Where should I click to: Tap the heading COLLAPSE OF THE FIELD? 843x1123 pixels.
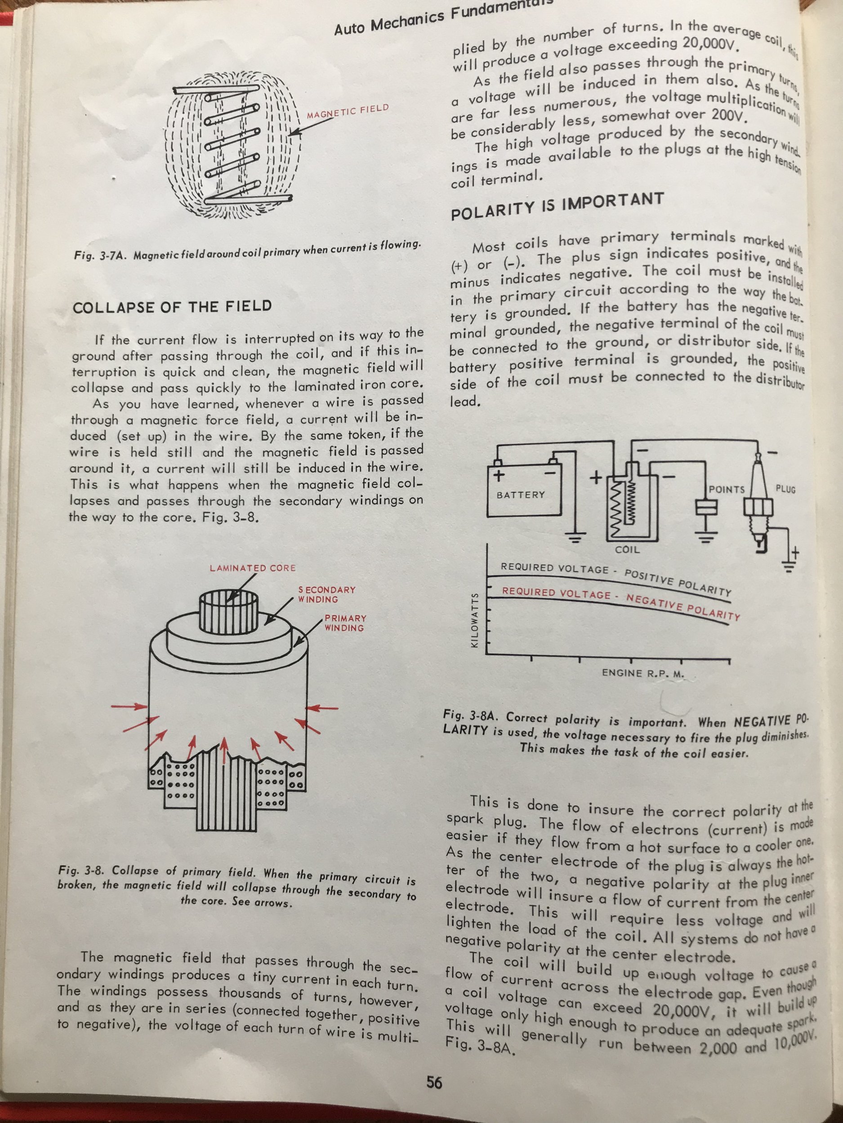(172, 307)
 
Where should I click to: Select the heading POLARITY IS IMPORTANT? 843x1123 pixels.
(557, 206)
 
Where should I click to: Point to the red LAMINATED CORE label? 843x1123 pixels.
(253, 568)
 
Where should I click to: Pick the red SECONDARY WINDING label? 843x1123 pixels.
(326, 594)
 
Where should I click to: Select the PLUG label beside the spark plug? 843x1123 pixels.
(785, 490)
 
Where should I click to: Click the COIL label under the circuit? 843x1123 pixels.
(627, 549)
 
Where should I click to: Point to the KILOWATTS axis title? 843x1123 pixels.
(475, 619)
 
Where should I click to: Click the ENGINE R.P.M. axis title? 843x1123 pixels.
(643, 673)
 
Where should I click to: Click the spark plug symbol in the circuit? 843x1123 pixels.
(759, 508)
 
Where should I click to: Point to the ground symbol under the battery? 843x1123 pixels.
(575, 537)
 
